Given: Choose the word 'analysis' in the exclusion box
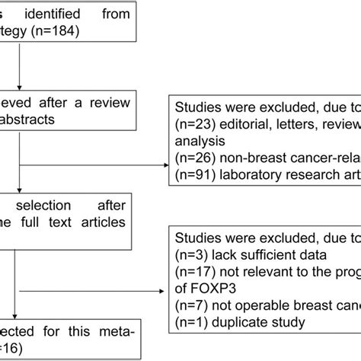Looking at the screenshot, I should click(199, 141).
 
